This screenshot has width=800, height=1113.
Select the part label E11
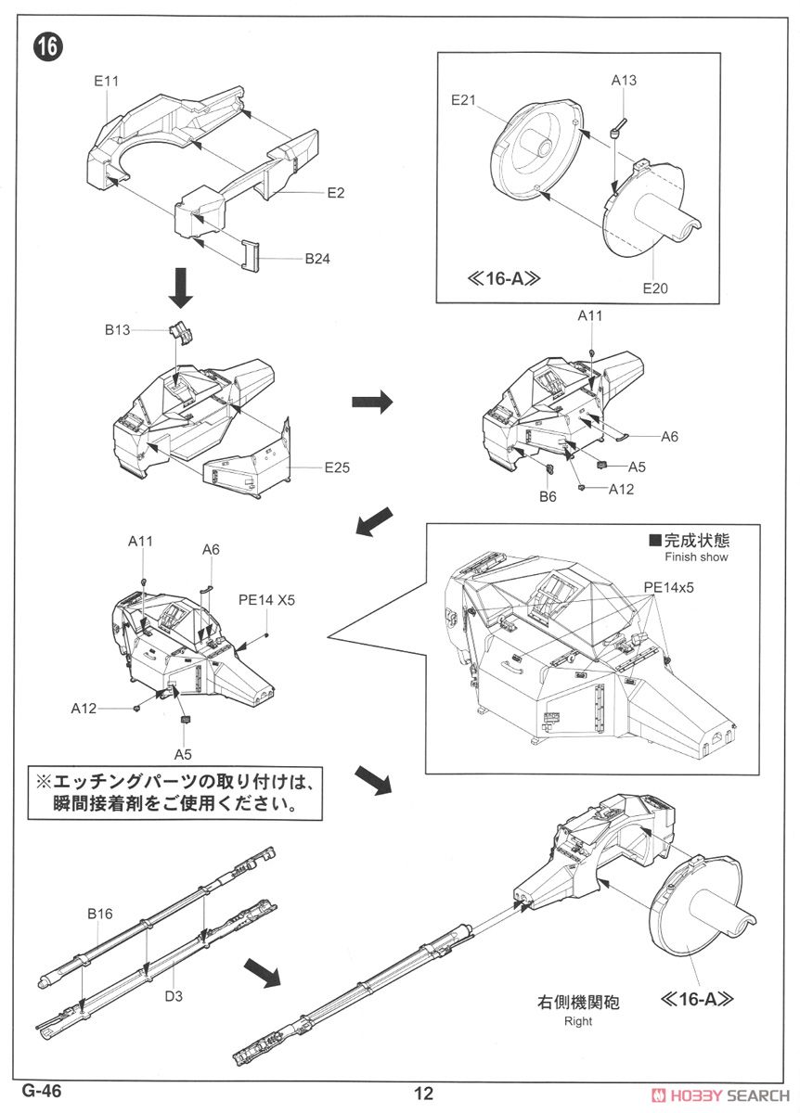[x=107, y=82]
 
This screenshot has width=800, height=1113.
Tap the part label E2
[x=335, y=192]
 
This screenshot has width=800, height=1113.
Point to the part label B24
[x=317, y=259]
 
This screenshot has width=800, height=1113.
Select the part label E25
[x=337, y=467]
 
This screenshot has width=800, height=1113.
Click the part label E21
[x=464, y=100]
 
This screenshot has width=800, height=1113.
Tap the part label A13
[x=624, y=81]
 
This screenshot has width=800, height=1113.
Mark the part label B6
[x=548, y=496]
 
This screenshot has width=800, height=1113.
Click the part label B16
[x=100, y=914]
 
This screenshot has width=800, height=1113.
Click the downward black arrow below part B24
[x=183, y=290]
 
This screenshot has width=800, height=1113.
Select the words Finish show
[x=696, y=557]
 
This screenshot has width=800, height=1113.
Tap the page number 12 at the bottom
[x=424, y=1093]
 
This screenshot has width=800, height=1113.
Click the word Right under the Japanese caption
[x=577, y=1021]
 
